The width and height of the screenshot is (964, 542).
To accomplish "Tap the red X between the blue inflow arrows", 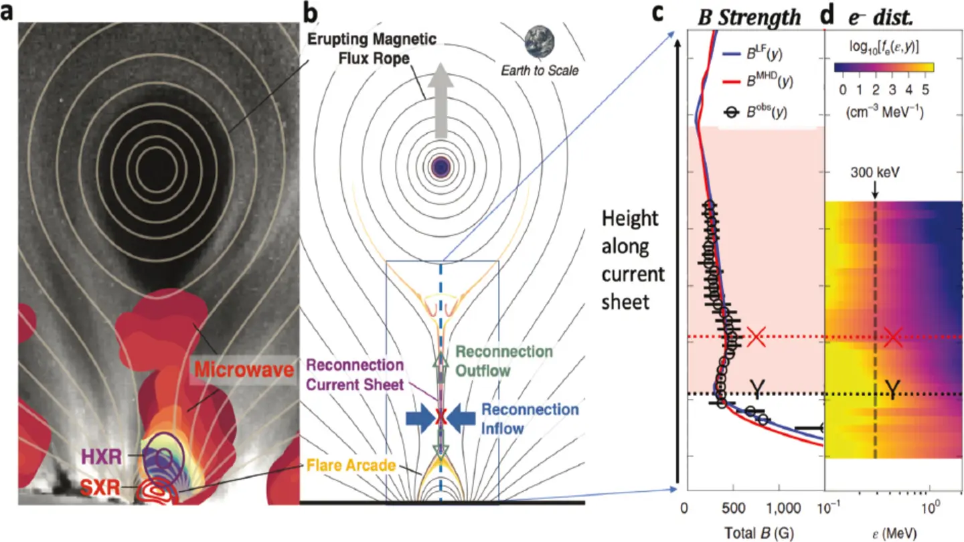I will (x=440, y=418).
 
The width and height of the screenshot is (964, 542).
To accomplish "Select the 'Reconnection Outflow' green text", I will (x=503, y=361).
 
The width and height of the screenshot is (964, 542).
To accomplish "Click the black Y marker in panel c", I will (x=756, y=388).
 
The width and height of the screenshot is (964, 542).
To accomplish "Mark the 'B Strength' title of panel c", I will (x=749, y=17).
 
